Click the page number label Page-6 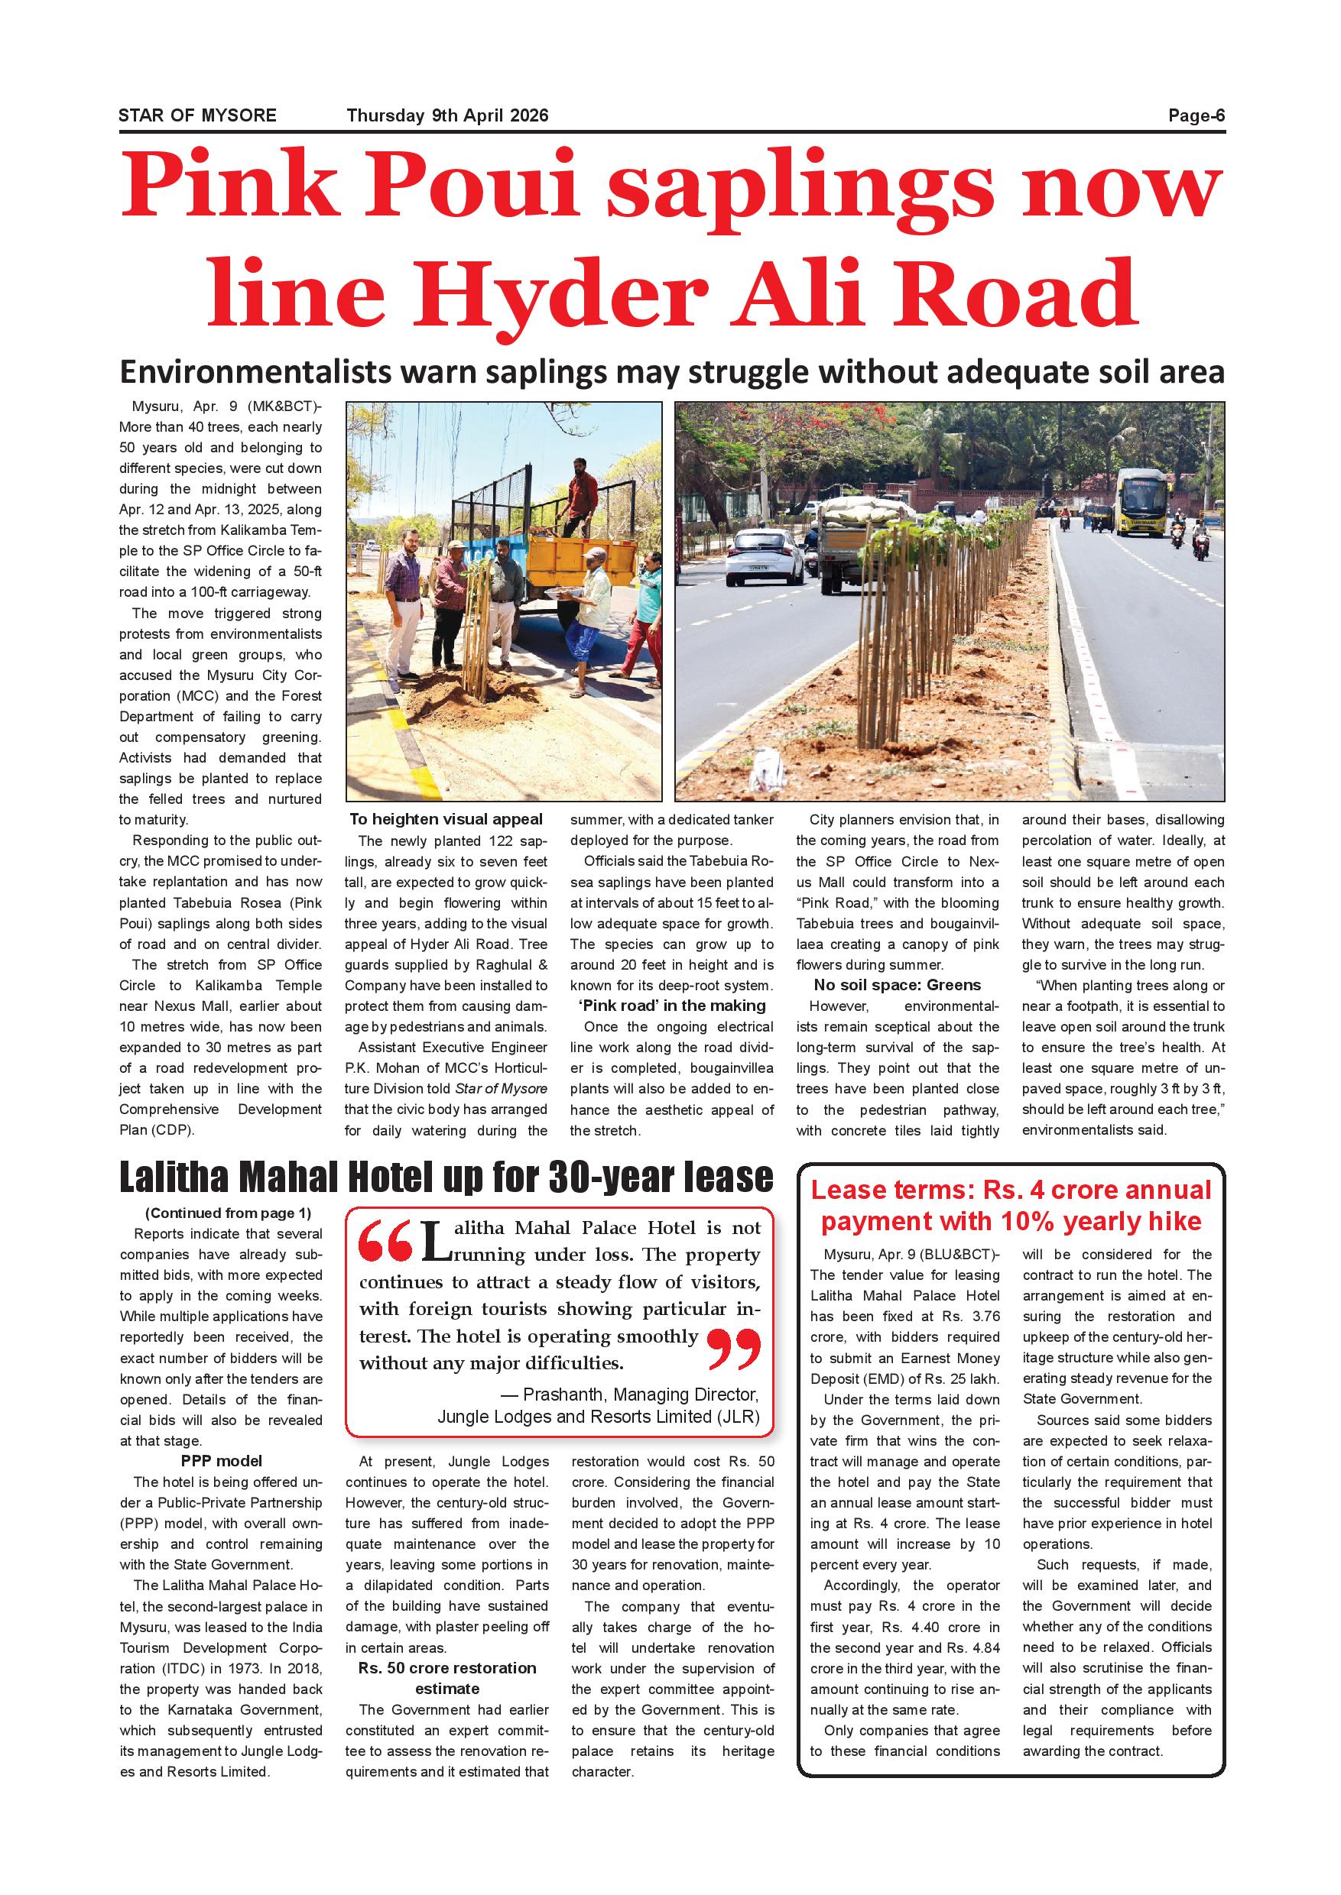tap(1196, 115)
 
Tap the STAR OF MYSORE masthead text tap(197, 115)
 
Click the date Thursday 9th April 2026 tap(446, 115)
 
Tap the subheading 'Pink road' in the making tap(672, 1006)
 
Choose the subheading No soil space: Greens tap(897, 985)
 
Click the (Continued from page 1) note tap(228, 1213)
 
